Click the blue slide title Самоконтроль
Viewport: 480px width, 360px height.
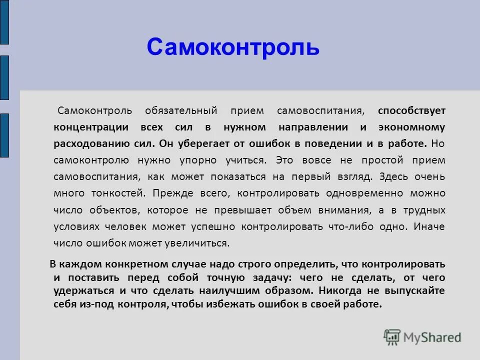[x=233, y=47]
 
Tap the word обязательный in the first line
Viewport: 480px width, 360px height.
[x=181, y=110]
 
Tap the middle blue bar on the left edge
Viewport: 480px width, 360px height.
[x=4, y=77]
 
